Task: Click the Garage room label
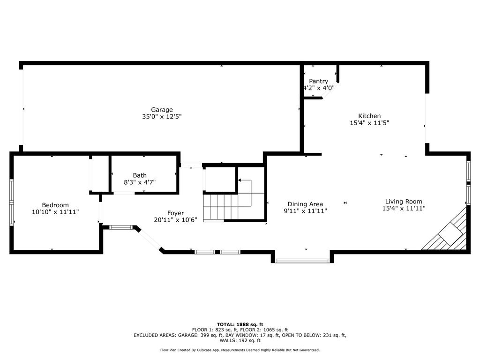pos(162,110)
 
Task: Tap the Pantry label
pos(318,81)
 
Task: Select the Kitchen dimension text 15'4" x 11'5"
pos(369,123)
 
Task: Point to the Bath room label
pos(140,175)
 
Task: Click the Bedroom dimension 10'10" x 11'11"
pos(55,212)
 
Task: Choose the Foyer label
pos(175,213)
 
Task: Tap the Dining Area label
pos(305,204)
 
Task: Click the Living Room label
pos(404,202)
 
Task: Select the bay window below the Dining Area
pos(302,261)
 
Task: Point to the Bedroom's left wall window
pos(12,202)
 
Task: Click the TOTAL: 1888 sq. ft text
pos(240,324)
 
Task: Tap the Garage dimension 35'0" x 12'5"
pos(162,117)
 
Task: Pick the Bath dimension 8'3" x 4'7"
pos(140,182)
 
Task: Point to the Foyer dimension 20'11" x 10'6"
pos(175,220)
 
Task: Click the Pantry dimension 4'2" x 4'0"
pos(319,88)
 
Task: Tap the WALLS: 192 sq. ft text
pos(240,340)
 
